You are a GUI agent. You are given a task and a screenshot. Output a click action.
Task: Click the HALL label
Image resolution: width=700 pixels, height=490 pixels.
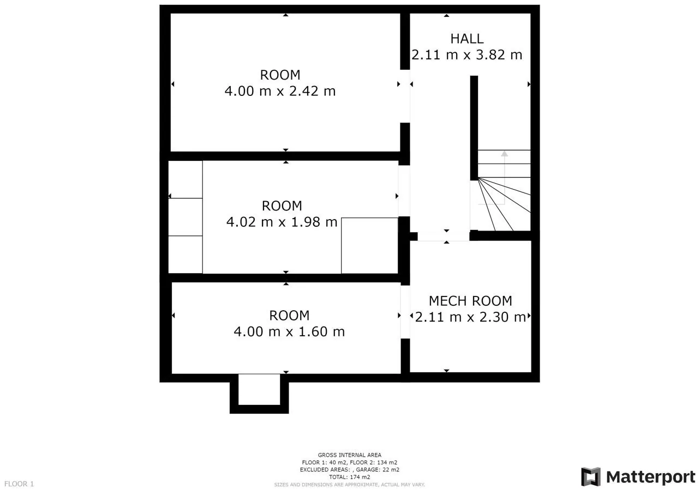(467, 39)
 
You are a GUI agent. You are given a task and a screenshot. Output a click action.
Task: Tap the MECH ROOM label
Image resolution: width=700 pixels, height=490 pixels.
(470, 301)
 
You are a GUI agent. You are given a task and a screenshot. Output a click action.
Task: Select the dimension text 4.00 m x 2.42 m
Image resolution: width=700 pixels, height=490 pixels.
(280, 91)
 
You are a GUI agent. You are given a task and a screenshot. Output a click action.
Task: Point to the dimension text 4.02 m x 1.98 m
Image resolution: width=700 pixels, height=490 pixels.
(282, 222)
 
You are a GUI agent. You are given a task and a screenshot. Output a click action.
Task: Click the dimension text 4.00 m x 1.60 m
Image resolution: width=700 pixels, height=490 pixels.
(289, 331)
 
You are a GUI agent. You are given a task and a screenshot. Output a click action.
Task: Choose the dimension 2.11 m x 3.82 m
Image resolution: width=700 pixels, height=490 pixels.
(467, 55)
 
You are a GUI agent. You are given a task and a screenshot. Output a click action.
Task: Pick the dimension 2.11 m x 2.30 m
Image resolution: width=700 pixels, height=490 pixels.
(470, 317)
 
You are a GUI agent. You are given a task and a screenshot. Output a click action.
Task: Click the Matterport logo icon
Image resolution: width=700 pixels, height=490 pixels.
(591, 476)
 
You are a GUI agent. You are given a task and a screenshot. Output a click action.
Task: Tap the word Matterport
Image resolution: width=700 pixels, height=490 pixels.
(651, 477)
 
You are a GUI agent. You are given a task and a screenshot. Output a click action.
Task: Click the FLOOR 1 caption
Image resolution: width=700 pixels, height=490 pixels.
(19, 484)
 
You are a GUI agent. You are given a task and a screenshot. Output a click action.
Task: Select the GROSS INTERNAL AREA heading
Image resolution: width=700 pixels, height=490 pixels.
(349, 455)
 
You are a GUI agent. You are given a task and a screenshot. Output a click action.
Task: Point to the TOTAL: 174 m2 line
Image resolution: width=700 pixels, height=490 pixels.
(349, 477)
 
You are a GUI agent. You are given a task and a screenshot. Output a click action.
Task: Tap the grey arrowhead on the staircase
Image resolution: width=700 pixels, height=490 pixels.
(504, 154)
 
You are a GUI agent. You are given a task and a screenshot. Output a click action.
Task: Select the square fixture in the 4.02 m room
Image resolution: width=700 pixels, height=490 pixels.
(369, 246)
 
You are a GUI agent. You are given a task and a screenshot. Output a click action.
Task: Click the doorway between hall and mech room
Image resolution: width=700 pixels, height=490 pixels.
(444, 236)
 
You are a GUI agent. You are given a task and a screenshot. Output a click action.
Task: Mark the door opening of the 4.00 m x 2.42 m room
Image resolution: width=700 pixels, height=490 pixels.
(405, 96)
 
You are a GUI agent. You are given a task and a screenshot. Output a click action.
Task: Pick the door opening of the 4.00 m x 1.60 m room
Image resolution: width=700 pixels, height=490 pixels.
(405, 312)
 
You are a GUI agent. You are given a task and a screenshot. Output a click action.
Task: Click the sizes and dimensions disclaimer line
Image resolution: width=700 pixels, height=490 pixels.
(349, 485)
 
